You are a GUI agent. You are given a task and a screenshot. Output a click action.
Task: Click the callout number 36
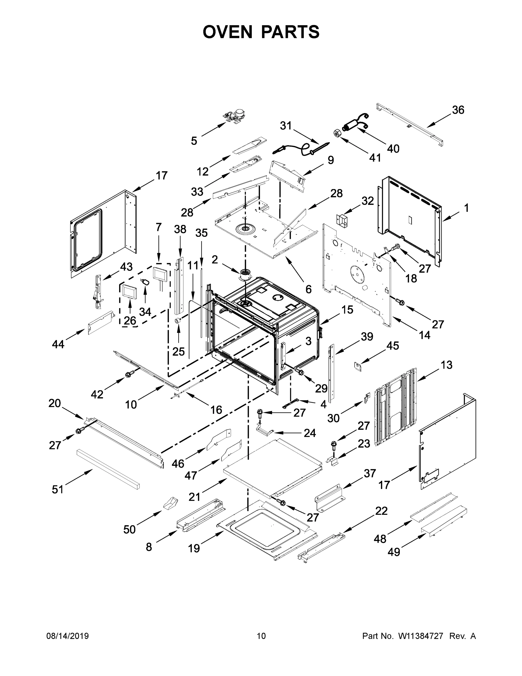tap(458, 110)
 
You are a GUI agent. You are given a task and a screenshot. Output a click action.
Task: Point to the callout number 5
tap(194, 141)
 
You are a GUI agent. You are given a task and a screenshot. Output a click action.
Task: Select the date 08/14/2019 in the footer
tap(68, 636)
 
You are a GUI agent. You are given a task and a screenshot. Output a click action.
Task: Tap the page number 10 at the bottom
tap(261, 636)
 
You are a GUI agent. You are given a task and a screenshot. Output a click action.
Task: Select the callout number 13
tap(447, 365)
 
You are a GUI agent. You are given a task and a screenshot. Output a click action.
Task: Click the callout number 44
tap(58, 344)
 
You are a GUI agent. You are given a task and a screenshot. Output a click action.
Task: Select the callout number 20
tap(55, 403)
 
